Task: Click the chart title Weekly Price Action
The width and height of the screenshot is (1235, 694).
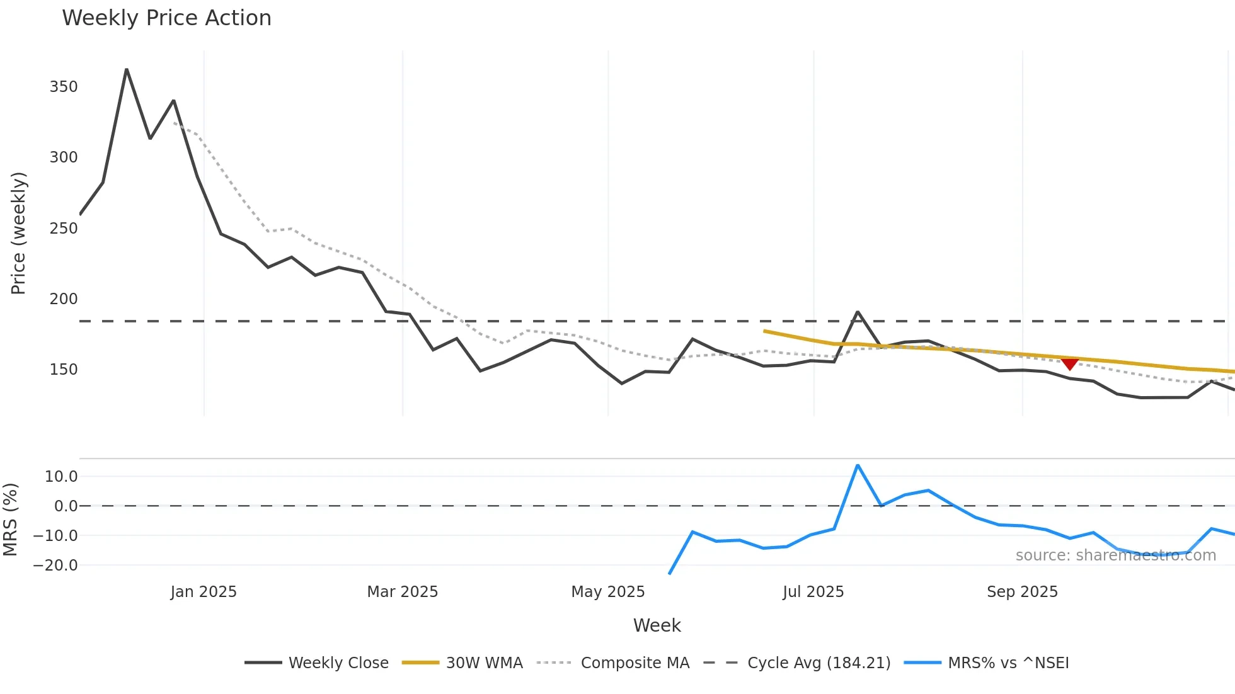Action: (x=166, y=18)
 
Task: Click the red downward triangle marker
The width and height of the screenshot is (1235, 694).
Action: (x=1069, y=363)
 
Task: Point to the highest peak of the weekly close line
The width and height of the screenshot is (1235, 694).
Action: (x=127, y=70)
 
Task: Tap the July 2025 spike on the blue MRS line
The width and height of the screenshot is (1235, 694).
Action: (x=858, y=465)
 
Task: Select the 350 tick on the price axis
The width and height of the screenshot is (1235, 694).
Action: (x=64, y=87)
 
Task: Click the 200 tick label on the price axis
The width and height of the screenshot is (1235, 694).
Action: (x=64, y=299)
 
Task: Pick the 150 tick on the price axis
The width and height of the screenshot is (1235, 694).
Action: (x=64, y=370)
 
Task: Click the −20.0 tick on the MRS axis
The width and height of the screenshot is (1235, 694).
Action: (x=55, y=566)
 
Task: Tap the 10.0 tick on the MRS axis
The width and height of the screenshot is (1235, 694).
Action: (x=61, y=477)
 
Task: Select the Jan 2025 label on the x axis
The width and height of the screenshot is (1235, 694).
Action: (x=204, y=592)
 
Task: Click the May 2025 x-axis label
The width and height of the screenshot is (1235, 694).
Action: (x=607, y=592)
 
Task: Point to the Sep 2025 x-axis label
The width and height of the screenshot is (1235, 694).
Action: (x=1022, y=592)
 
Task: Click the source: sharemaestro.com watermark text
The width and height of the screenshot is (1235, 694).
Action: (x=1115, y=555)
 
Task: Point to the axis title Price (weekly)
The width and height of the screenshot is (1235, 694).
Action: (x=19, y=233)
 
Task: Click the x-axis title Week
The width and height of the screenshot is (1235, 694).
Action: (x=657, y=625)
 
